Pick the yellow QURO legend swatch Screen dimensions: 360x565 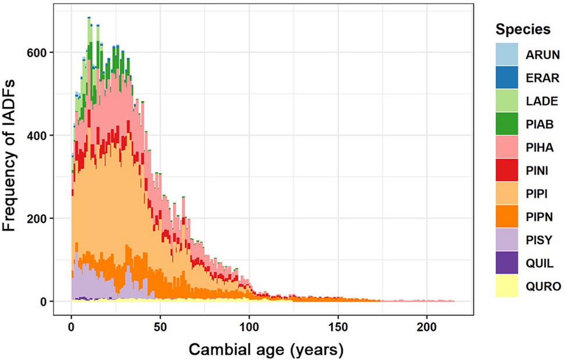pyautogui.click(x=506, y=287)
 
